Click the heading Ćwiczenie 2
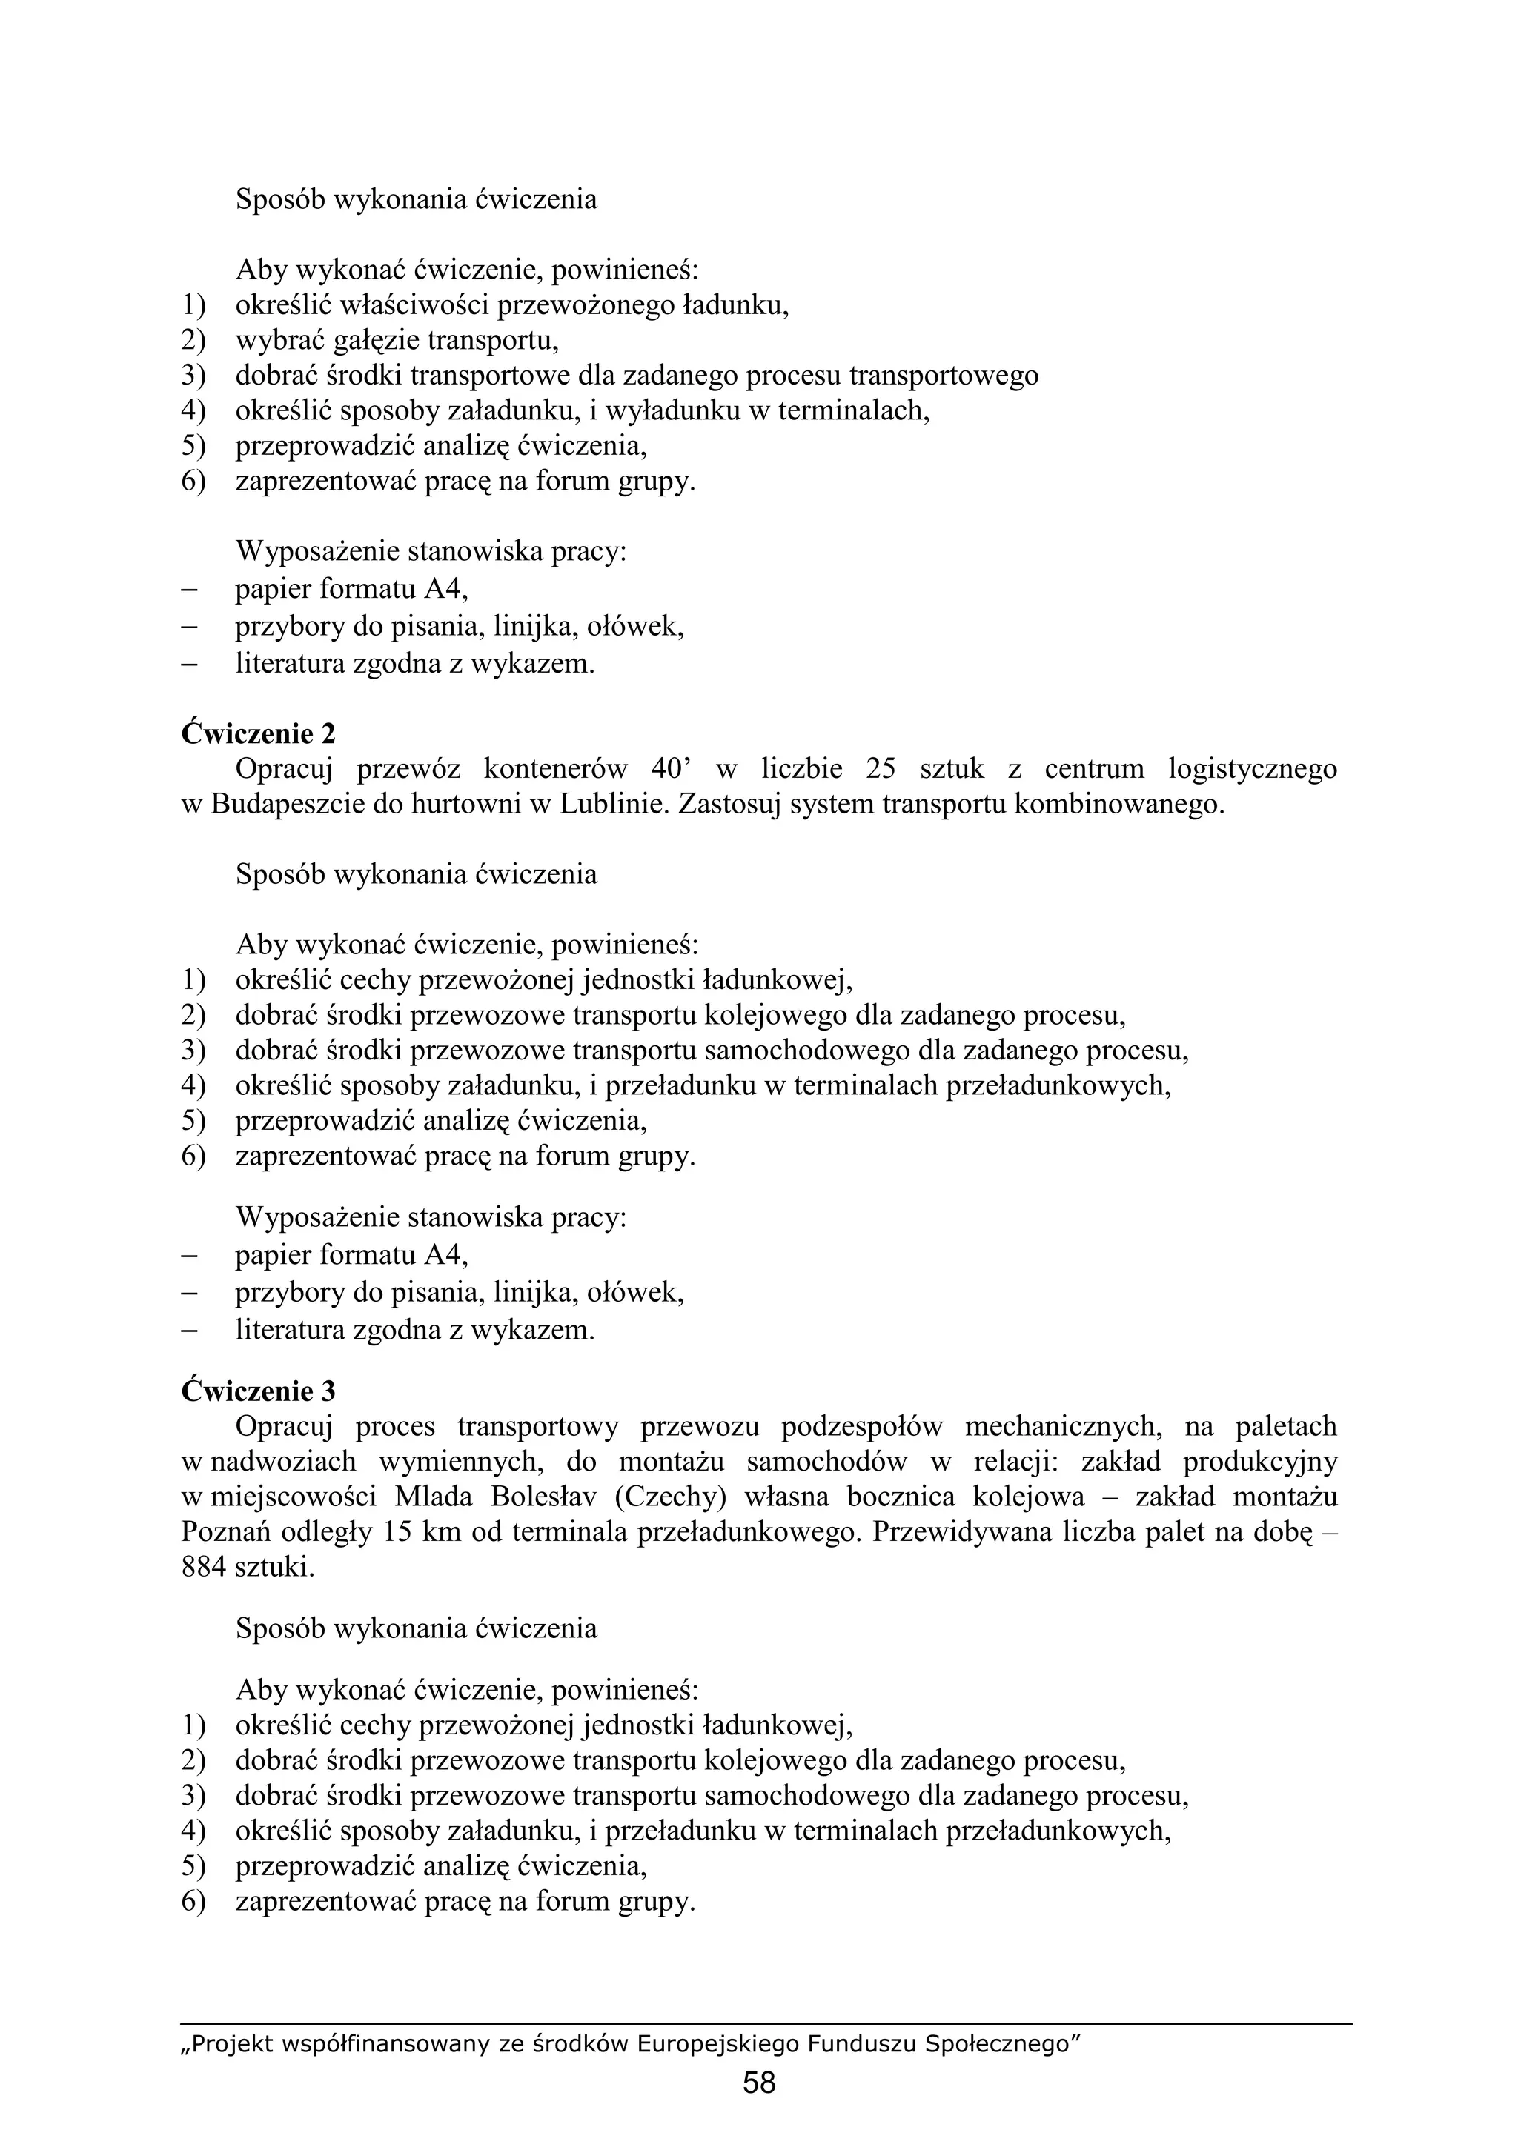point(257,733)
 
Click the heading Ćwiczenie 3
point(257,1391)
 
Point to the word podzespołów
point(861,1426)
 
